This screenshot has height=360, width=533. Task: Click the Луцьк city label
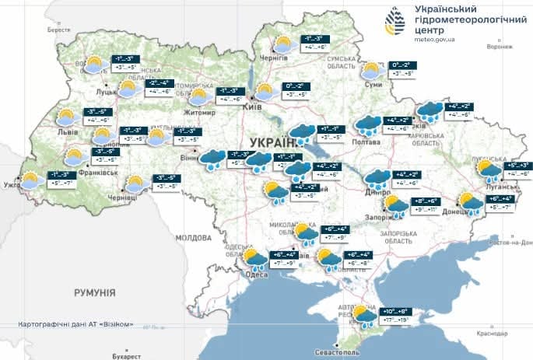(x=104, y=92)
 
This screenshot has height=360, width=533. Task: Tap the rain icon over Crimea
(x=363, y=316)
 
